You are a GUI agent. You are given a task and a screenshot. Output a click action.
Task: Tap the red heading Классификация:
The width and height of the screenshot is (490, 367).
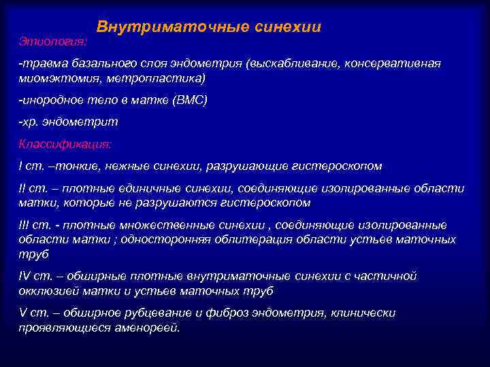click(65, 144)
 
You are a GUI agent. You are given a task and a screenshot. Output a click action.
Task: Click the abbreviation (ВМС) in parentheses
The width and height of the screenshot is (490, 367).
click(189, 101)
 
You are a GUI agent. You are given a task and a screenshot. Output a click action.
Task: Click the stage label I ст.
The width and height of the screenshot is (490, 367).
click(30, 166)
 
